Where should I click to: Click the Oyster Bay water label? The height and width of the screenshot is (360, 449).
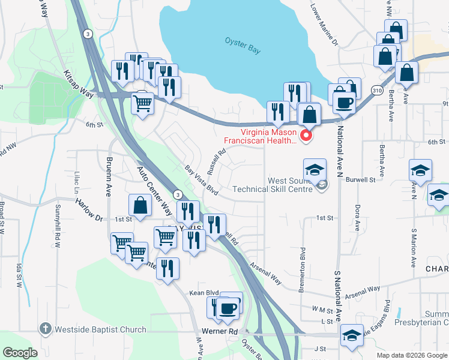click(x=243, y=46)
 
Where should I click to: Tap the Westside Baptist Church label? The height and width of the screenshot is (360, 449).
click(x=100, y=329)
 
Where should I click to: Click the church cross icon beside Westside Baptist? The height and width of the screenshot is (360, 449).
click(x=44, y=328)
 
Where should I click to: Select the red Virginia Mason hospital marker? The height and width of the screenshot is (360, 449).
click(x=306, y=136)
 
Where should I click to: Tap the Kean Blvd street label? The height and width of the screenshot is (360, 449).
click(x=201, y=293)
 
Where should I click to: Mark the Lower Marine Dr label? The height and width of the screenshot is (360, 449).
click(x=324, y=25)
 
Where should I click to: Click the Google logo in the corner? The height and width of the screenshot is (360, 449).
click(x=20, y=353)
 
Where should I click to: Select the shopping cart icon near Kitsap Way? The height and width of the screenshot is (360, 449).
click(x=143, y=103)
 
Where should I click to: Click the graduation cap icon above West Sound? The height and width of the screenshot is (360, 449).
click(x=315, y=170)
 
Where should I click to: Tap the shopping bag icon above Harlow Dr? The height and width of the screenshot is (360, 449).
click(x=140, y=206)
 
